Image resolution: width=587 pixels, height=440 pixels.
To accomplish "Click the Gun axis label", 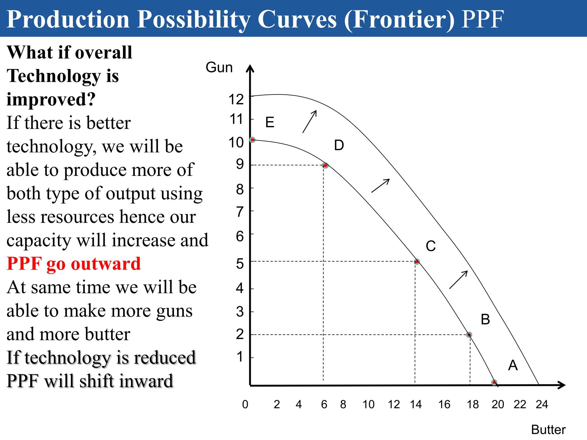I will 219,68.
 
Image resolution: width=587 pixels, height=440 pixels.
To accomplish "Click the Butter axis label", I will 548,430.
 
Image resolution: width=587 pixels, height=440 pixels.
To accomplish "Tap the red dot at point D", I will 325,166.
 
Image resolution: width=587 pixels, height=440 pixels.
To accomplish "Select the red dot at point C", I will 417,262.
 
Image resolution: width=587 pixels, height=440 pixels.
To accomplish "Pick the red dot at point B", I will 469,335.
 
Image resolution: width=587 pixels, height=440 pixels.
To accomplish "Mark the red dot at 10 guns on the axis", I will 252,140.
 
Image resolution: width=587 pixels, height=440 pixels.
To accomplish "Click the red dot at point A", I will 494,382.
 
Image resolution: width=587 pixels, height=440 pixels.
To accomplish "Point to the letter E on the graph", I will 270,123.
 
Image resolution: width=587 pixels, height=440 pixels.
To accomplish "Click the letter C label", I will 431,246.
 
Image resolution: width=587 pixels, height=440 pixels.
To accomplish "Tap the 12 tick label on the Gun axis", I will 236,100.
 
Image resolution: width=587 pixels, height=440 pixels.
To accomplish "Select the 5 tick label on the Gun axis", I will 240,264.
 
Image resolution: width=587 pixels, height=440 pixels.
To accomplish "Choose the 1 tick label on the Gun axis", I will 240,357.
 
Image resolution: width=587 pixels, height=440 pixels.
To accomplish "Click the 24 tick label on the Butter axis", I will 542,404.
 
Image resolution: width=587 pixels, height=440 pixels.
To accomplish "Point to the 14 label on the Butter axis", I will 416,404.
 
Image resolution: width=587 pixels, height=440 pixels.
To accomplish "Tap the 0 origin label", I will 245,404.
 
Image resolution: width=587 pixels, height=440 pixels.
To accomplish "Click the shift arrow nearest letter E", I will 310,121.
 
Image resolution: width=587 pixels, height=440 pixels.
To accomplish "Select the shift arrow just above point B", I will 459,280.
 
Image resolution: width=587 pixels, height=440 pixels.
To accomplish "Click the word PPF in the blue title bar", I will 483,19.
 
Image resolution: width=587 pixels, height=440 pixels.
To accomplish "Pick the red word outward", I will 106,264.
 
